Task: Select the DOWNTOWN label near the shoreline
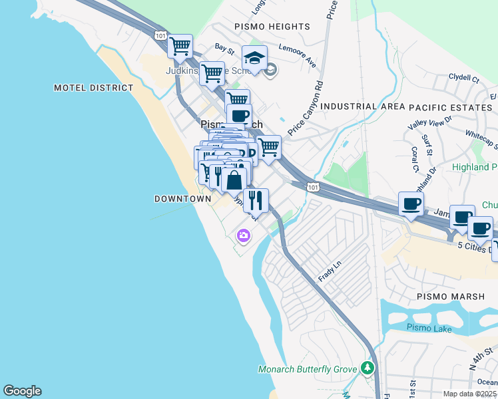182,199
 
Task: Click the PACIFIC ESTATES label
450,106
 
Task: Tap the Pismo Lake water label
429,329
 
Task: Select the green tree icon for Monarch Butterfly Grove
366,368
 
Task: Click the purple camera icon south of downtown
244,235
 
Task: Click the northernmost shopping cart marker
180,47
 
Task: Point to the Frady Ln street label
330,271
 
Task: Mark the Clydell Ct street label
464,78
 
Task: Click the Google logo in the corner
22,391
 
